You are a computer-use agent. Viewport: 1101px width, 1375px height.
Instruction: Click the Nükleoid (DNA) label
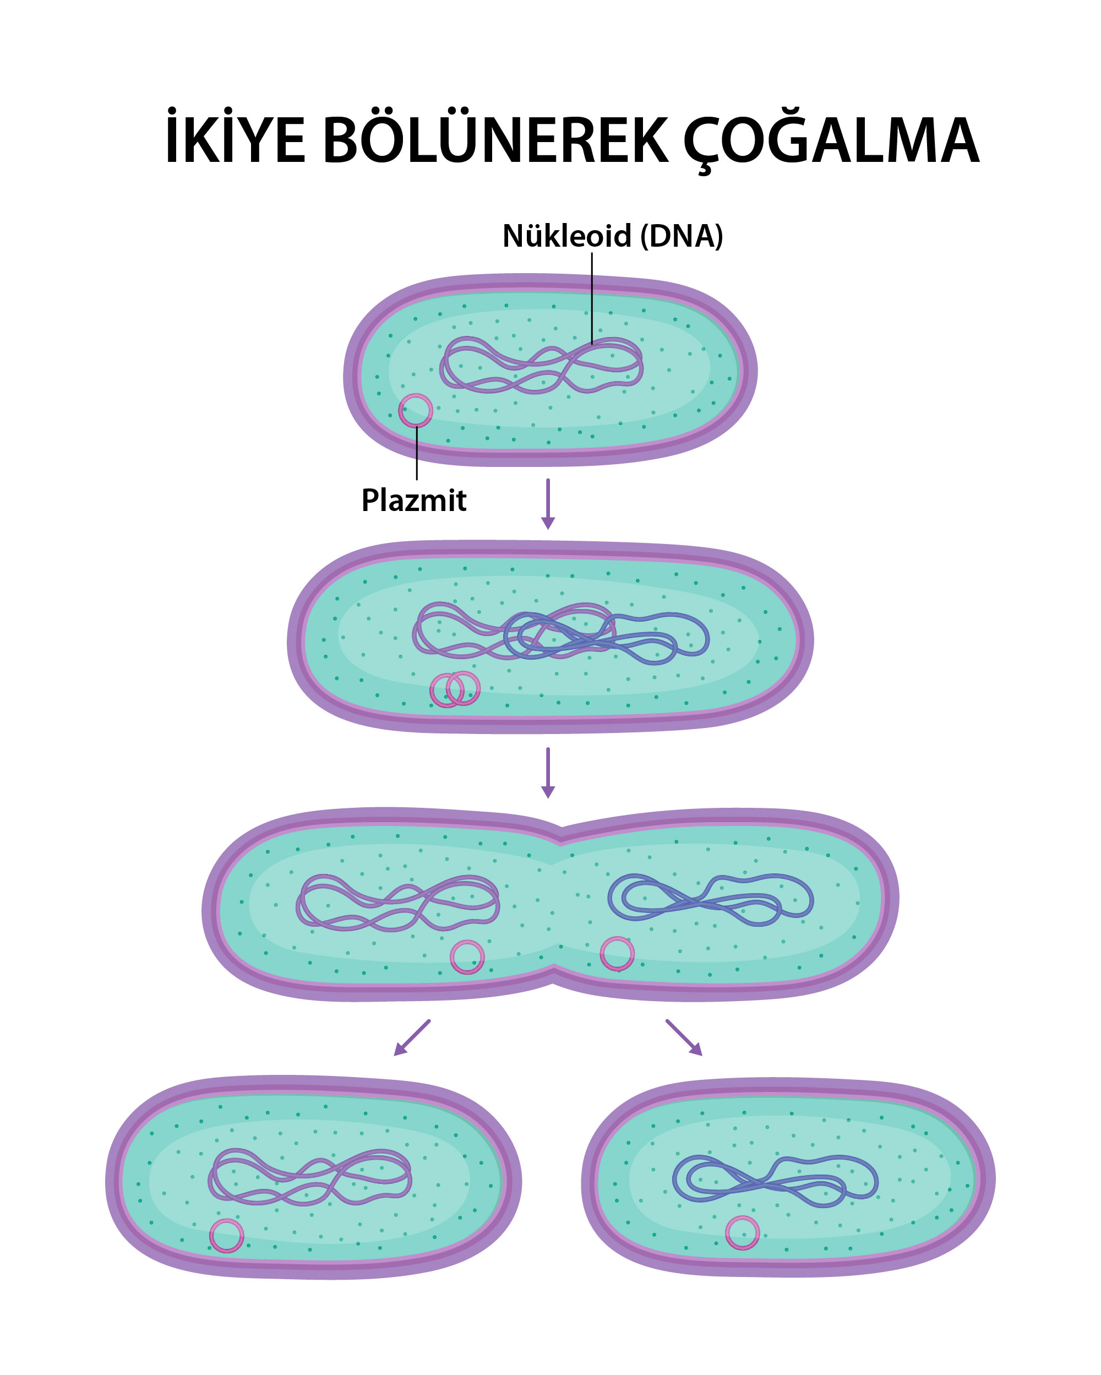(x=613, y=236)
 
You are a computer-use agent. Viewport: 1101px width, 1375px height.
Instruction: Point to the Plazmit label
(x=414, y=499)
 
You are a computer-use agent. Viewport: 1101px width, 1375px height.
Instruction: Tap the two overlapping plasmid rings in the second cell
(x=455, y=688)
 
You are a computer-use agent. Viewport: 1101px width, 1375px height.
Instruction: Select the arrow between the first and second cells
(x=548, y=504)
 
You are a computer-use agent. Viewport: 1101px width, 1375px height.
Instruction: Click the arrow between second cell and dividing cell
(x=548, y=773)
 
